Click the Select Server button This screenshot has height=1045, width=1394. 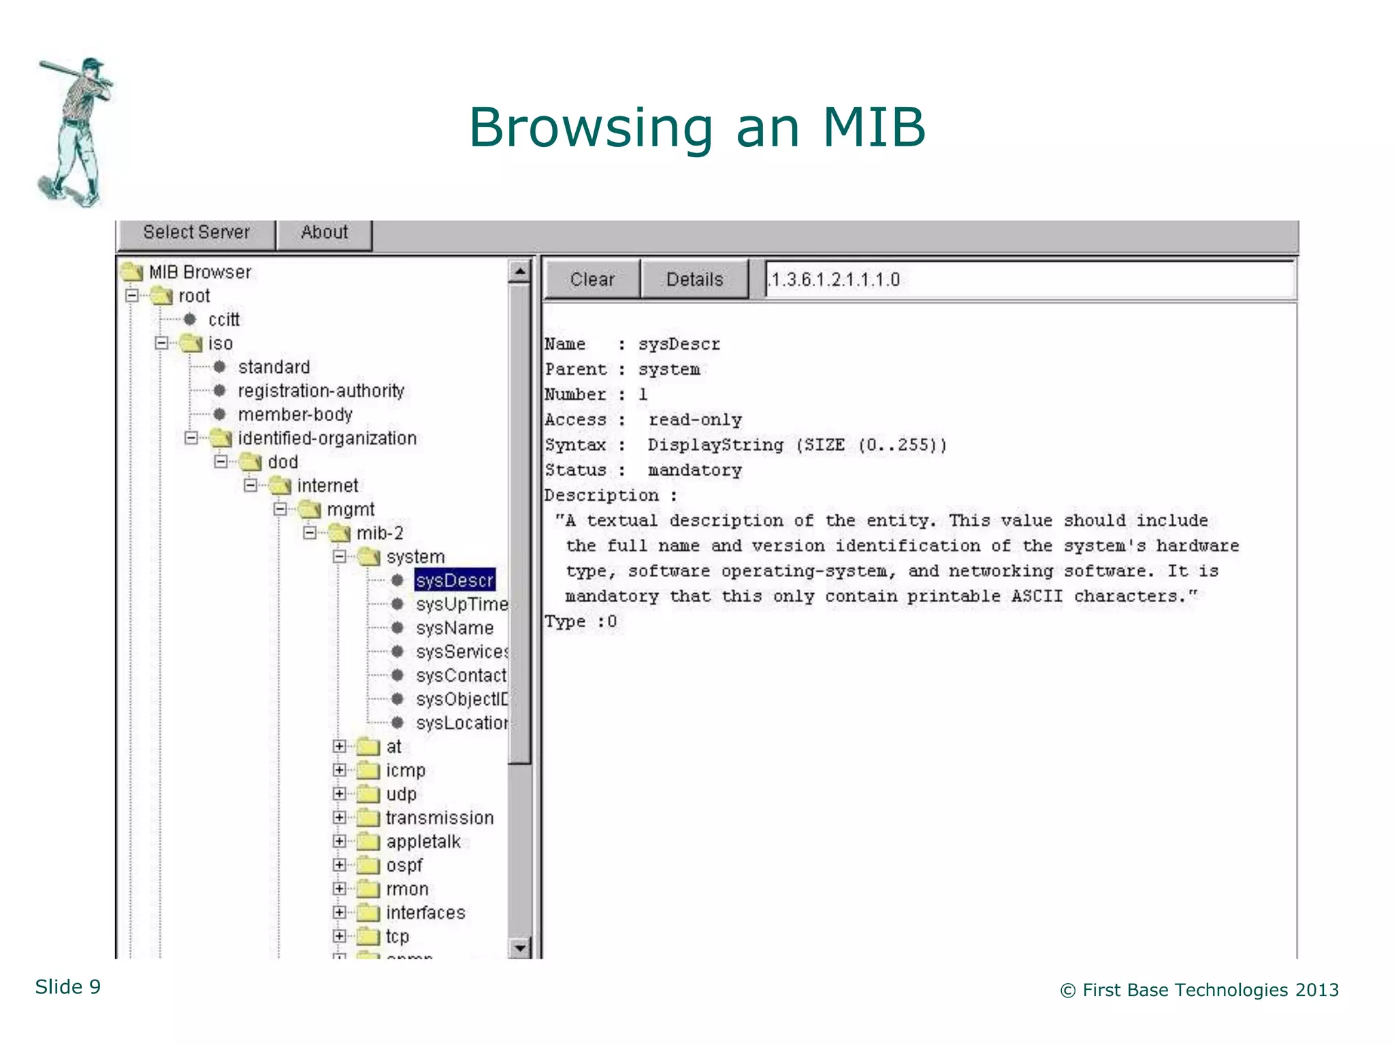click(196, 233)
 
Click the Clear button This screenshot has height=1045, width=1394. click(592, 280)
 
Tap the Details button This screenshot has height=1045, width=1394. click(694, 280)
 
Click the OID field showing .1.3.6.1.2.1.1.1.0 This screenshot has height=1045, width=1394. click(1028, 280)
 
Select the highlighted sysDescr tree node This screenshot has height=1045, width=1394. click(454, 580)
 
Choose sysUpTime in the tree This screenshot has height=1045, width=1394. click(461, 604)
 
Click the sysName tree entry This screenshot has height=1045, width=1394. click(454, 628)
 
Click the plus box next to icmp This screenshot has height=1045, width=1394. click(339, 770)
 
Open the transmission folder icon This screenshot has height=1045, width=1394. click(368, 818)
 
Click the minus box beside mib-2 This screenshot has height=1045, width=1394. click(310, 533)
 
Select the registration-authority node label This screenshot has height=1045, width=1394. click(321, 391)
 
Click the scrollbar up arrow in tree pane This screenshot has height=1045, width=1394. click(519, 271)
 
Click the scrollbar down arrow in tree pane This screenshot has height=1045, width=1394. click(519, 948)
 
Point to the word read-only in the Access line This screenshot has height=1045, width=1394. click(694, 420)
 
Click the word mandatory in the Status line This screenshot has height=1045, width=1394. click(694, 470)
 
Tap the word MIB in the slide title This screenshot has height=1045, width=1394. click(873, 127)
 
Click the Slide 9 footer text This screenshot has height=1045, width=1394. click(68, 986)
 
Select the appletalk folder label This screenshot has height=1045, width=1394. click(423, 842)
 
